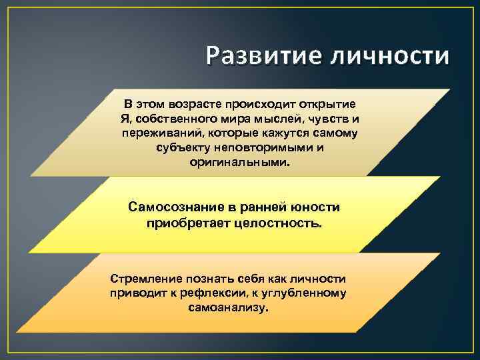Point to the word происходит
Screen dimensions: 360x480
point(256,105)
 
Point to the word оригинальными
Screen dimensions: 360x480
point(240,162)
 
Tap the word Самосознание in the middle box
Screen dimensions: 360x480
point(172,207)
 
